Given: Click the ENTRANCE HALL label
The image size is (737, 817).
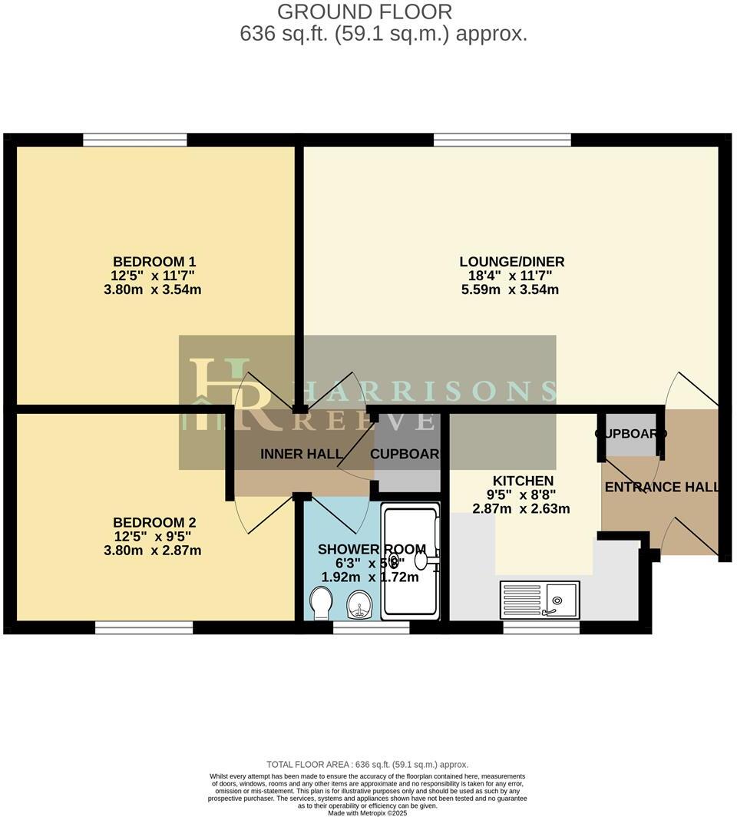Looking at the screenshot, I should click(662, 487).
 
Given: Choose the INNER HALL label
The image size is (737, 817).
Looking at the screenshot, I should click(301, 454).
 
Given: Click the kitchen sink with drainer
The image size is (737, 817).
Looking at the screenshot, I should click(540, 599).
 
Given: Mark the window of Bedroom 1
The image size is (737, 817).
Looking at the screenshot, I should click(134, 139).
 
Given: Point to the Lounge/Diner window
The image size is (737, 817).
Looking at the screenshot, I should click(502, 139).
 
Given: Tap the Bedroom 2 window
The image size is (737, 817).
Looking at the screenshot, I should click(144, 627).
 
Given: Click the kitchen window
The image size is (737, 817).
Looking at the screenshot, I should click(540, 627).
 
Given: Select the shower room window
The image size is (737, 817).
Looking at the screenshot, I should click(371, 627).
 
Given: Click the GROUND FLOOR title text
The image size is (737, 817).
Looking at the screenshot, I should click(364, 12).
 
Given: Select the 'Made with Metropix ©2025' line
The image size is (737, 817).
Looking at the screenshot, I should click(367, 812).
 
